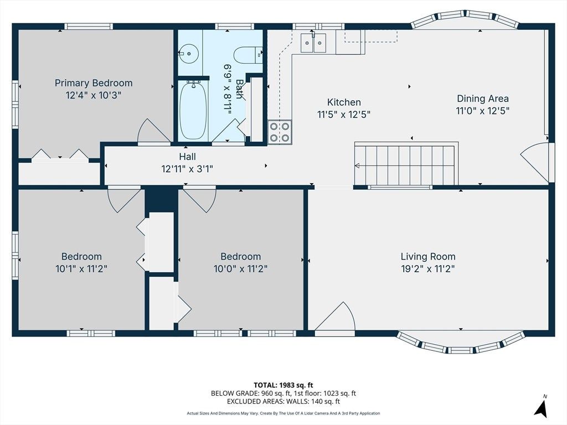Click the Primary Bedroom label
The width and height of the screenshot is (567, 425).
tap(94, 83)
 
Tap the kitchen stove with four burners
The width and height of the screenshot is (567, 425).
tap(280, 132)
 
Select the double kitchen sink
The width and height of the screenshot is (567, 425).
tap(313, 43)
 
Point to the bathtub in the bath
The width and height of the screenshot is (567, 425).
tap(193, 110)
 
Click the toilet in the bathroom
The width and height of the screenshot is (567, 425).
tap(248, 55)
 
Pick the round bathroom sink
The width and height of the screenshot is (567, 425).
tap(189, 54)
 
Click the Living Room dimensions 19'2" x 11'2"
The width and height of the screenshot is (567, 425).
tap(428, 269)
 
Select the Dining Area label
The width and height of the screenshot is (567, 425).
tap(483, 99)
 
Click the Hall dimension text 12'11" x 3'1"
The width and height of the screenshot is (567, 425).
tap(187, 169)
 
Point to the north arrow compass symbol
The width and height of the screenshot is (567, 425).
tap(541, 407)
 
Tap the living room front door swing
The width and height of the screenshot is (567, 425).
tap(335, 317)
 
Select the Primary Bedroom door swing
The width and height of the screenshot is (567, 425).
tap(154, 131)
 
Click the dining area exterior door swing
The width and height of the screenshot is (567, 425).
tap(535, 163)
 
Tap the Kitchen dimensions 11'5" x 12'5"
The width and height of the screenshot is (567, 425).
tap(344, 115)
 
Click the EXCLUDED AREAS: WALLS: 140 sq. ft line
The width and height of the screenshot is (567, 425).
tap(283, 401)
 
